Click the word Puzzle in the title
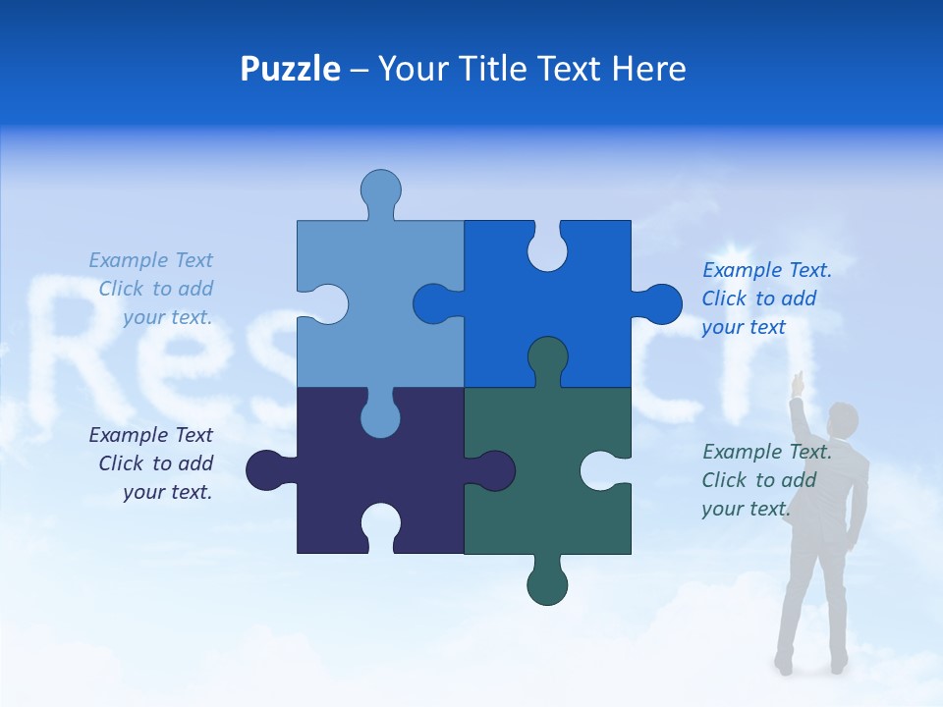coord(290,69)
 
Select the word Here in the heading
coord(648,69)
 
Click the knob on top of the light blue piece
coord(380,190)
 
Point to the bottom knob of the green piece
coord(547,585)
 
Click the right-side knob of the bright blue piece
coord(661,303)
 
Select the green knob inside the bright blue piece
coord(547,359)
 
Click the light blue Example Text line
coord(150,260)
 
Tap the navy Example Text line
coord(150,435)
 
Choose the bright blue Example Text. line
coord(766,270)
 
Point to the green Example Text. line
coord(766,452)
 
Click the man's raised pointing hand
coord(800,382)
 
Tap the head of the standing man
coord(843,419)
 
